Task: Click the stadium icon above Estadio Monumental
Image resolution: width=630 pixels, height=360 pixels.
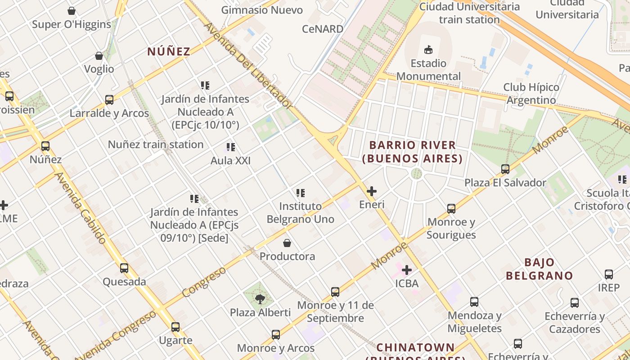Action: tap(428, 49)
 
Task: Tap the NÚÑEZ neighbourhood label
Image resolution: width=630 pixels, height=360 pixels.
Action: tap(169, 51)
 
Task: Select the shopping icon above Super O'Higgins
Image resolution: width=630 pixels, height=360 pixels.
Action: tap(72, 11)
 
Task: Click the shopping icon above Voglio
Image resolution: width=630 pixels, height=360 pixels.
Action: tap(99, 56)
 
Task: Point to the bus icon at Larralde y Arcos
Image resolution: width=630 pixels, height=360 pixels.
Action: tap(109, 100)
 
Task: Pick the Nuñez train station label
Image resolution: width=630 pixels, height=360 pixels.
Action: tap(156, 144)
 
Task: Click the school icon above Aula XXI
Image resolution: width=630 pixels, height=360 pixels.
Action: tap(231, 147)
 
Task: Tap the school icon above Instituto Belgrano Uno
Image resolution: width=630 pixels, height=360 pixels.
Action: tap(301, 193)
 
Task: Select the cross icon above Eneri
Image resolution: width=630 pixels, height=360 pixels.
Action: tap(372, 191)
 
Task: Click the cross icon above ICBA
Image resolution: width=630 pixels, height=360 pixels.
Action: tap(407, 270)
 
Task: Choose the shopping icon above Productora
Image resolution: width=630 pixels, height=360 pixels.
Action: tap(287, 243)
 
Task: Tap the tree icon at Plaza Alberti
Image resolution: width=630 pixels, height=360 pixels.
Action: tap(260, 299)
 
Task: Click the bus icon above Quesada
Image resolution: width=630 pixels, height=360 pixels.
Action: tap(124, 268)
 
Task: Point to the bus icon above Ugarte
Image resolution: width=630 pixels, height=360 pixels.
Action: tap(175, 327)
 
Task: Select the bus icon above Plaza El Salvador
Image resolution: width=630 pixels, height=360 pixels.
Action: tap(505, 169)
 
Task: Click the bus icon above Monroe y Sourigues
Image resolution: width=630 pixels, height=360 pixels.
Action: tap(451, 209)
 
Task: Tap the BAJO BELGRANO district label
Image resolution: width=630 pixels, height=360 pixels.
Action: tap(539, 269)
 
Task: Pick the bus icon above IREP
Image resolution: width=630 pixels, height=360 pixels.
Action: tap(609, 274)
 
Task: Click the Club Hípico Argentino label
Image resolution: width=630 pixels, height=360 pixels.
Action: tap(531, 94)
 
